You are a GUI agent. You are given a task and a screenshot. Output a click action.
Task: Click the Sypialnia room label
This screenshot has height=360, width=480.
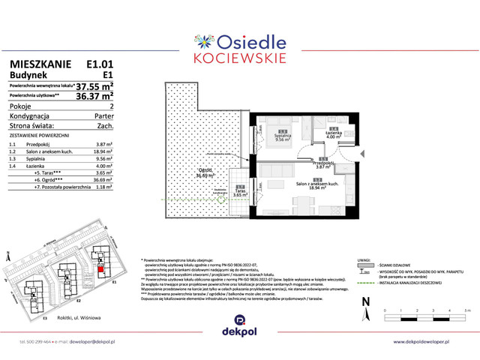point(283,136)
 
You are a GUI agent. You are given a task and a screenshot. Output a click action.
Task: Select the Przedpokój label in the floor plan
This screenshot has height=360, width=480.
point(322,164)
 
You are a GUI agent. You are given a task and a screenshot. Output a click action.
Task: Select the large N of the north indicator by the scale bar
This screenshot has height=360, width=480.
point(365,301)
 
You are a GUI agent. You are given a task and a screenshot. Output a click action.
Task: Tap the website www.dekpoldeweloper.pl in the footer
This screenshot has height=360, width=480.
point(427,342)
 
